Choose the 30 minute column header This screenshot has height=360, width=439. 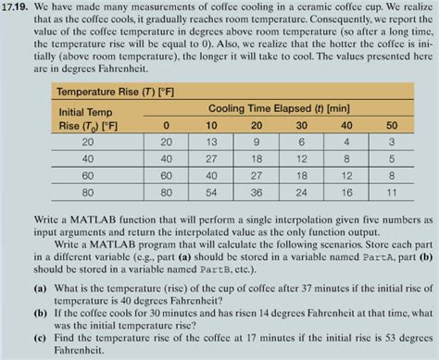301,125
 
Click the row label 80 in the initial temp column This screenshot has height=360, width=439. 87,194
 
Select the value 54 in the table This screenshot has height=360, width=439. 211,194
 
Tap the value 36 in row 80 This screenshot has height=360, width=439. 257,194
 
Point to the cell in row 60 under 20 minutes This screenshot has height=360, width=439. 257,177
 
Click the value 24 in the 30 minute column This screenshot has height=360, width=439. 301,194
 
